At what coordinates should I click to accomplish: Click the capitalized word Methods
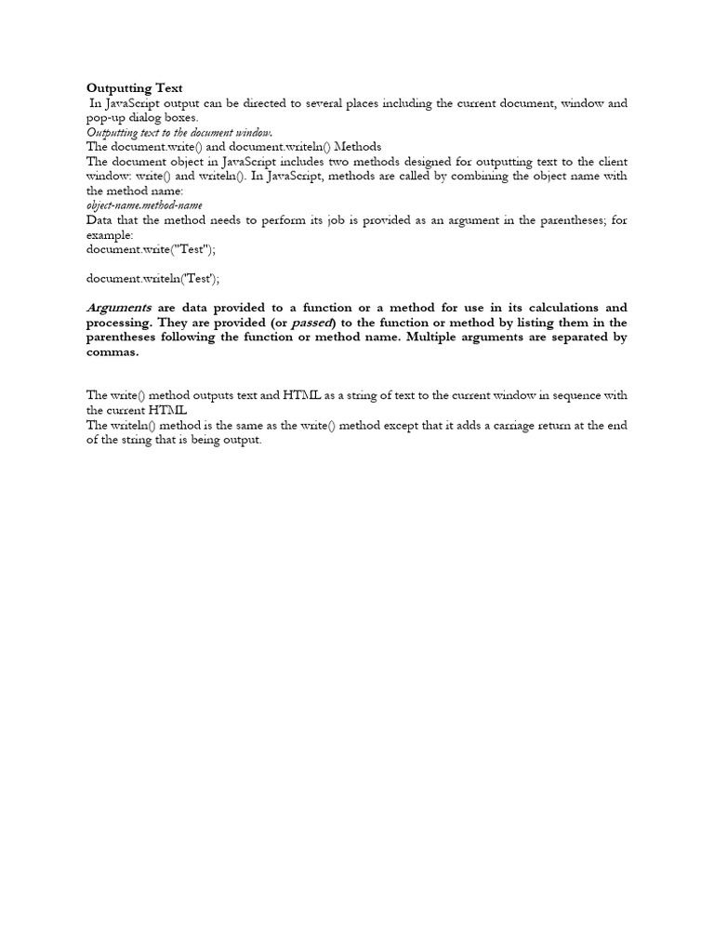pos(357,147)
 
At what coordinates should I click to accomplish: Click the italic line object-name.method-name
pos(144,205)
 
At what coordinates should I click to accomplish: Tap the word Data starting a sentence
pos(101,219)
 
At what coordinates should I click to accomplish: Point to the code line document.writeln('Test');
pos(154,278)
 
